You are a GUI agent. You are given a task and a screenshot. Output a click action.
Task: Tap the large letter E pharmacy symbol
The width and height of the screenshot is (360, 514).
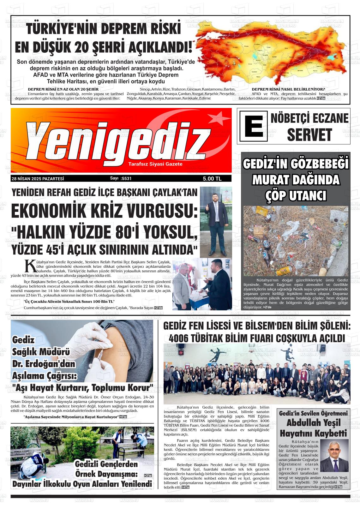[x=253, y=126]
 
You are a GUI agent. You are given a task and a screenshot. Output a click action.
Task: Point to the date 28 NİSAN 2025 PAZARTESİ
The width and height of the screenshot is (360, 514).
[x=38, y=179]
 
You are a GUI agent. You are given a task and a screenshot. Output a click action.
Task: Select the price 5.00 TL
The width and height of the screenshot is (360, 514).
[x=212, y=179]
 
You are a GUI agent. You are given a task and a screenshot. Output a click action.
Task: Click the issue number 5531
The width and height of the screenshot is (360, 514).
[x=126, y=178]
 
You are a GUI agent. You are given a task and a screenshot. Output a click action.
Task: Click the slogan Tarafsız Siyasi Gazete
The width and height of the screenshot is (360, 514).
[x=155, y=164]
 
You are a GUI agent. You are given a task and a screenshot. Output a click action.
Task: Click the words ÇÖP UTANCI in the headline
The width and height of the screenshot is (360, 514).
[x=296, y=196]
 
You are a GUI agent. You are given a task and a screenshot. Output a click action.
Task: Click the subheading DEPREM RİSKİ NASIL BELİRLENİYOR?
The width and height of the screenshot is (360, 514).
[x=288, y=89]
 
